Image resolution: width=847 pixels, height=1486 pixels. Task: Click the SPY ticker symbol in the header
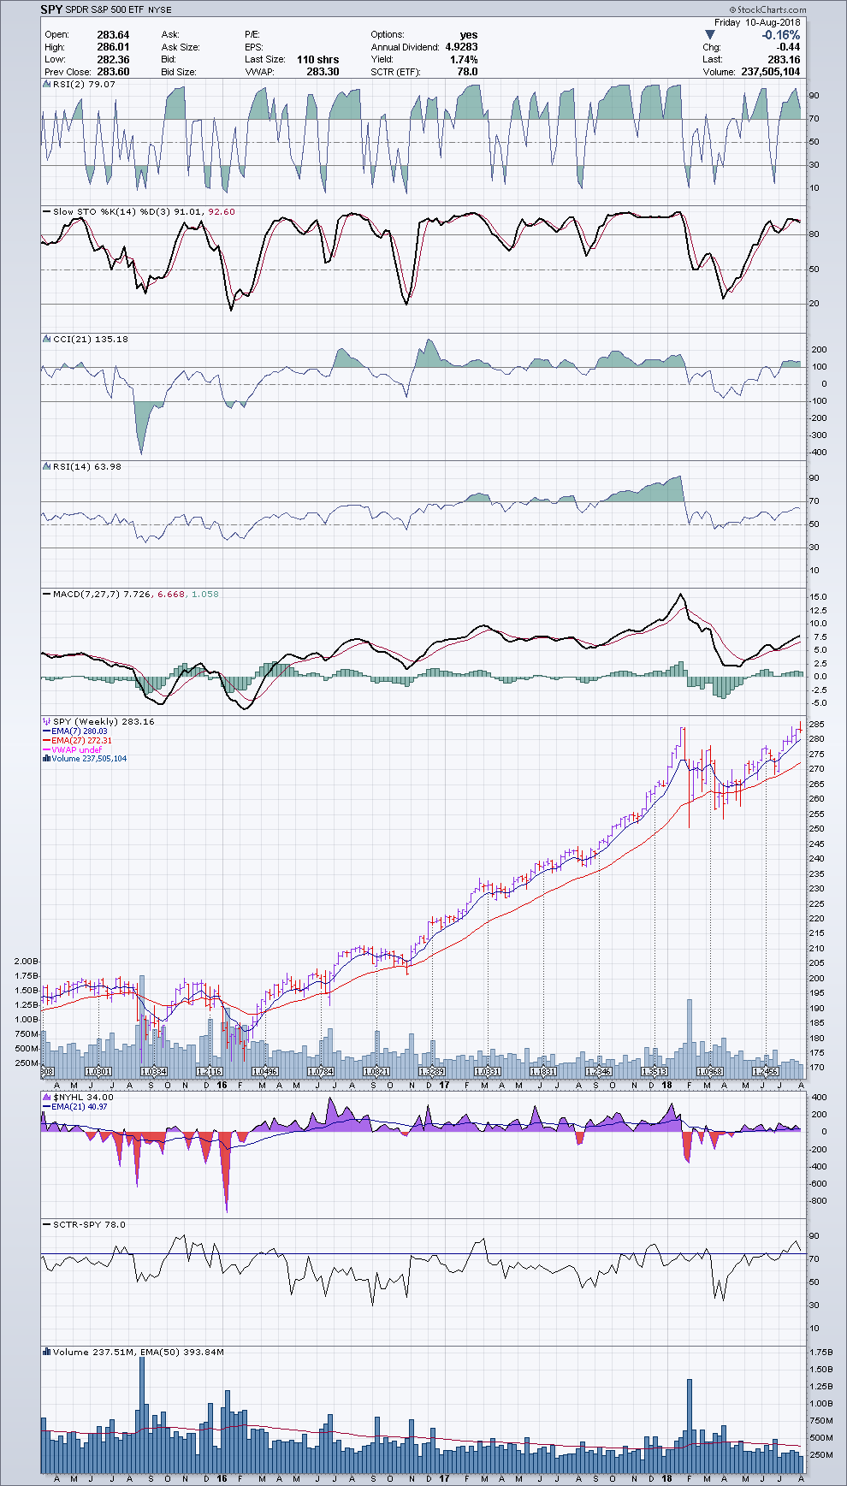click(x=51, y=9)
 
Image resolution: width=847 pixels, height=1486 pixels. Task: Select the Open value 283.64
click(x=113, y=35)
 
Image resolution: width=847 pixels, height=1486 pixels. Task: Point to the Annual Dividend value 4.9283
click(x=461, y=47)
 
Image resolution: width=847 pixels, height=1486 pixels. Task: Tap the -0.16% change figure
click(x=780, y=35)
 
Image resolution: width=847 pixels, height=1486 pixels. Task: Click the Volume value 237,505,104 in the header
click(x=771, y=72)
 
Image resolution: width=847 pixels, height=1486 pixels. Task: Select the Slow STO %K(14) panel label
click(x=95, y=211)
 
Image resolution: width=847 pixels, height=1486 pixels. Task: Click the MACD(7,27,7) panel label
click(x=84, y=594)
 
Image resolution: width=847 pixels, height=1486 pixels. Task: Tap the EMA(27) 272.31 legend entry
click(x=82, y=741)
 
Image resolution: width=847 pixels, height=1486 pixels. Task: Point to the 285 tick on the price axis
click(x=817, y=724)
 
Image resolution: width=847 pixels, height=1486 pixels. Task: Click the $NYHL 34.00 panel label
click(x=83, y=1098)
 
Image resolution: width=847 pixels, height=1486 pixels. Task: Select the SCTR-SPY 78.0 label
click(x=88, y=1224)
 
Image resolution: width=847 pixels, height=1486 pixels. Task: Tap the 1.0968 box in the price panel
click(x=710, y=1071)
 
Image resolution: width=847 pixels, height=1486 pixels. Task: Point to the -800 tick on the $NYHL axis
click(x=819, y=1201)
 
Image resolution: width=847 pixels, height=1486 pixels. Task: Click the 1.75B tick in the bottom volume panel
click(x=821, y=1352)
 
